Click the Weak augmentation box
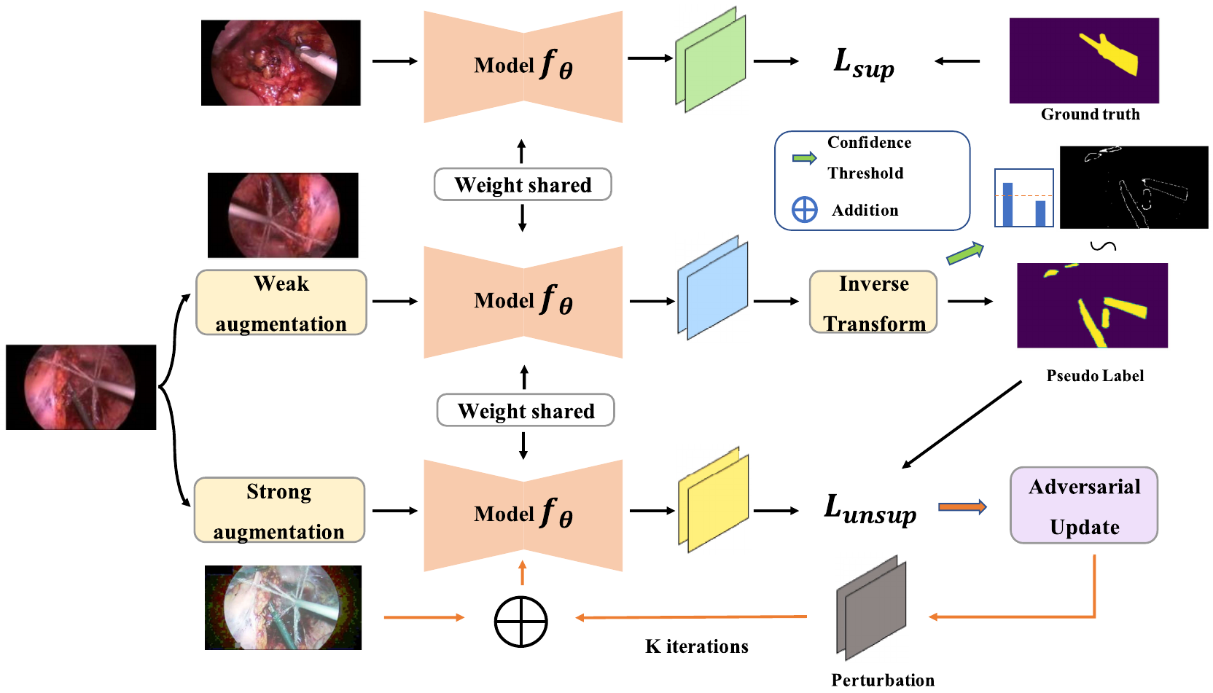pos(281,302)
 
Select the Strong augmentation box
pos(279,510)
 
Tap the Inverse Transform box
pos(873,302)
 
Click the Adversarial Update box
pos(1084,505)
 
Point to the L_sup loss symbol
pos(864,64)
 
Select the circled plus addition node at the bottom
pos(521,622)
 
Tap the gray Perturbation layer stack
pos(871,608)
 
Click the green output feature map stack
pos(711,60)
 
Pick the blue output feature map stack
pos(713,288)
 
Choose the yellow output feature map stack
pos(714,500)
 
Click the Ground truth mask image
pos(1084,60)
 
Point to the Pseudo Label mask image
pos(1092,305)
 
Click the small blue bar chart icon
pos(1024,197)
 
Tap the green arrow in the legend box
pos(805,158)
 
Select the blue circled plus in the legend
pos(805,210)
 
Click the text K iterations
pos(697,646)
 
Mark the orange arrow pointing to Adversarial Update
pos(962,507)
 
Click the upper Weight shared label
pos(523,184)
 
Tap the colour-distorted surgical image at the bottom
pos(284,608)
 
